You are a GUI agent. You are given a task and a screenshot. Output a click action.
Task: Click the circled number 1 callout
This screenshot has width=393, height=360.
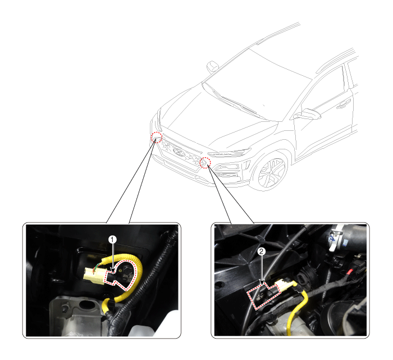click(112, 240)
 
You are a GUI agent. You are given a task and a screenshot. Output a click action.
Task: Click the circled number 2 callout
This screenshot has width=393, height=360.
click(262, 251)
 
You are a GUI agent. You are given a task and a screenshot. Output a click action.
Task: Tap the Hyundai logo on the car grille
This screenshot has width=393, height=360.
click(178, 152)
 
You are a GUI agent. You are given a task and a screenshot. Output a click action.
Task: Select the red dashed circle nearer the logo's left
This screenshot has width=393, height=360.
click(157, 138)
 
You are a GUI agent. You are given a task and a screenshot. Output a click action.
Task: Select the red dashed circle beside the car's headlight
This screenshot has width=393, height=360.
click(205, 163)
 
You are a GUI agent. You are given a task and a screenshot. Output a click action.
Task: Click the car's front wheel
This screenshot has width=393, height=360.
click(271, 171)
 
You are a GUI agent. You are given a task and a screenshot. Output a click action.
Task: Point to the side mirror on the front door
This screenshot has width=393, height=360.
click(308, 113)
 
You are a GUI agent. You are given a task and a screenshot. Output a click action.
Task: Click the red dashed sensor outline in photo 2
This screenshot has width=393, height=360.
click(263, 295)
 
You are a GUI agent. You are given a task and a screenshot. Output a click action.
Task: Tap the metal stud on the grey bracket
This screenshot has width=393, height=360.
click(66, 307)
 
